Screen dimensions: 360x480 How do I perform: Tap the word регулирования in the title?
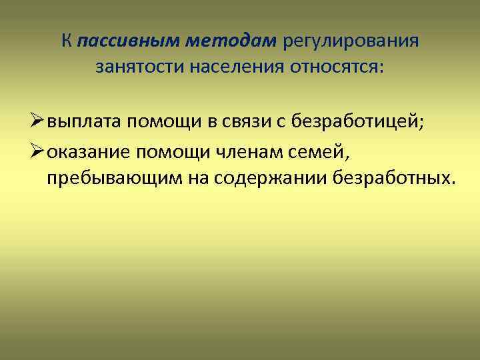click(351, 42)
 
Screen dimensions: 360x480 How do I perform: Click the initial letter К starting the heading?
click(67, 42)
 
